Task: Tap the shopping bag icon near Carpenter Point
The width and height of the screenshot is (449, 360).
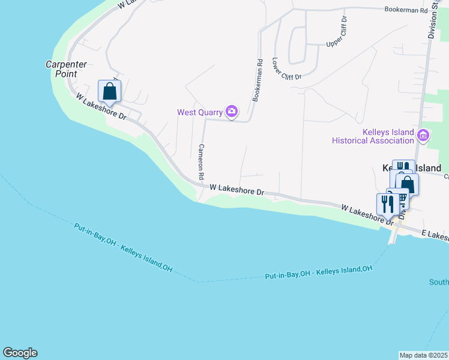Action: pos(109,91)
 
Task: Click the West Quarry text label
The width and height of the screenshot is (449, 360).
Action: pos(199,112)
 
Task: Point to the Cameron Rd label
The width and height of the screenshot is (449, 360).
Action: pos(202,163)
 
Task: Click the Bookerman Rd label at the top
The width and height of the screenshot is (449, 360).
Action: pos(405,10)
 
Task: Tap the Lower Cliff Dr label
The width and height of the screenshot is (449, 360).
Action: pos(286,69)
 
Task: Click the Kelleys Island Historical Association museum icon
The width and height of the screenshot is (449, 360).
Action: pos(423,136)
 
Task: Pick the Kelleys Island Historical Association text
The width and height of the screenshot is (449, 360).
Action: pos(372,137)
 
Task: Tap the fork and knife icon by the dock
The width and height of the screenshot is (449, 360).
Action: pos(385,204)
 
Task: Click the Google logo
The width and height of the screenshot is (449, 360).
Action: pos(20,353)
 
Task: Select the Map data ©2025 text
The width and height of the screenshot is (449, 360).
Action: pos(424,355)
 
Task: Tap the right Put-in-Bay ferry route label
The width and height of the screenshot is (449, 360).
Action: pos(318,272)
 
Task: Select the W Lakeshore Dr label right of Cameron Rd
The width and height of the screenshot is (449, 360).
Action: pos(237,190)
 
